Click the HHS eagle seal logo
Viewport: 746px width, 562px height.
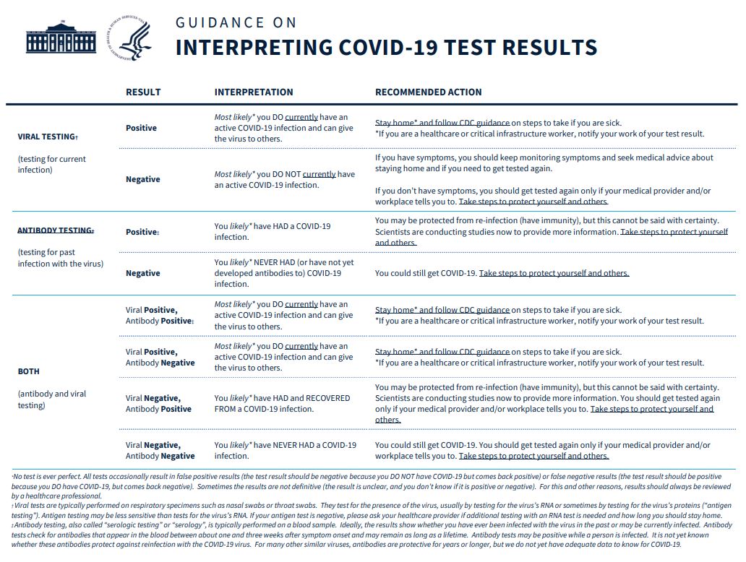tap(130, 38)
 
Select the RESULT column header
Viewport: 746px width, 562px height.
tap(143, 92)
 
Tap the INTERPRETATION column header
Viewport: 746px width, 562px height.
tap(254, 92)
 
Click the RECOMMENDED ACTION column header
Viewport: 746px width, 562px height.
tap(428, 92)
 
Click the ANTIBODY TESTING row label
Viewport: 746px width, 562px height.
tap(56, 230)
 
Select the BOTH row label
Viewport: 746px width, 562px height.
tap(29, 371)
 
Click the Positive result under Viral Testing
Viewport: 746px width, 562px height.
tap(141, 128)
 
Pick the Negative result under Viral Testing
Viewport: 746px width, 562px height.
tap(143, 179)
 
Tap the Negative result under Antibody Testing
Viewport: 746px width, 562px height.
tap(143, 273)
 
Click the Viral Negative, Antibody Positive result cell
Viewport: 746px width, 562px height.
tap(158, 404)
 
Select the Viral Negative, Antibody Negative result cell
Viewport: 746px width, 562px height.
tap(160, 451)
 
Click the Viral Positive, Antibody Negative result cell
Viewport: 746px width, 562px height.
tap(160, 358)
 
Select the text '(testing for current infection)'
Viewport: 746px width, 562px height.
tap(52, 165)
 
